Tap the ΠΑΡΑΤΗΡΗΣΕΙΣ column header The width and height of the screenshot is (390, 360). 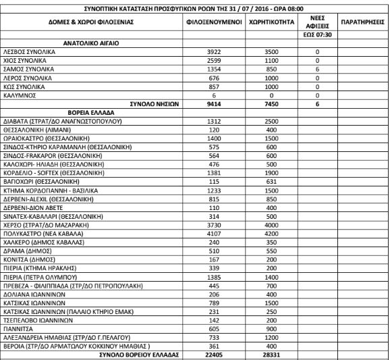(x=363, y=23)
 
